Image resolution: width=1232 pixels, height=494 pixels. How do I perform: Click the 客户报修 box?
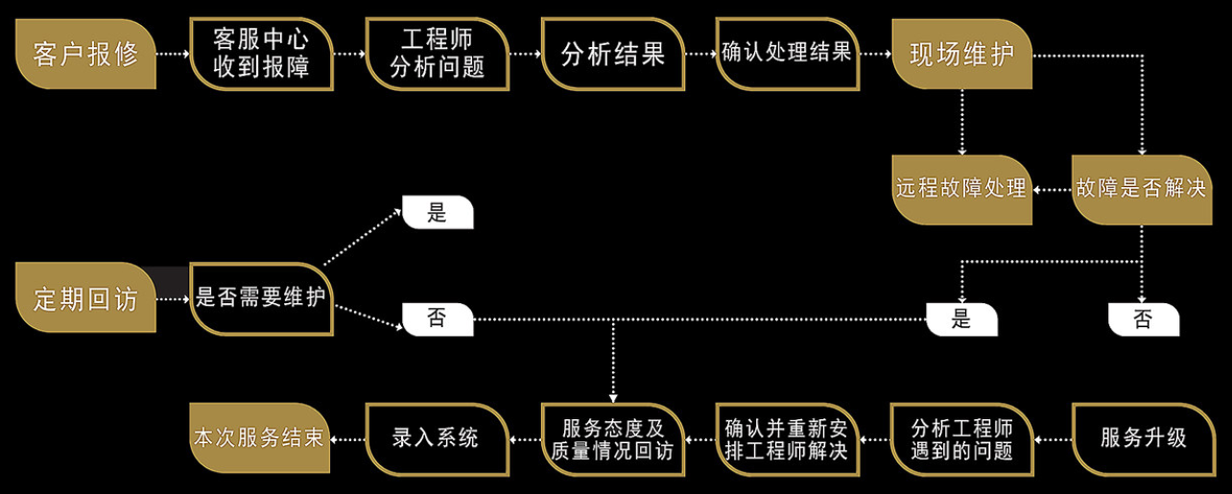[85, 54]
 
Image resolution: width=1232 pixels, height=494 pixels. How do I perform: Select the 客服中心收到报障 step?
[262, 54]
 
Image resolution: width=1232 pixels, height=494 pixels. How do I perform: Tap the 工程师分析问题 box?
[438, 54]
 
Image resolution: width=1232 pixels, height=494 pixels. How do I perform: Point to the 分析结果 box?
[613, 54]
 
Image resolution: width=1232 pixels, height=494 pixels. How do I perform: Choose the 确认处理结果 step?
[788, 54]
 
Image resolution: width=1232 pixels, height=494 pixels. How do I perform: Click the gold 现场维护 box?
[961, 54]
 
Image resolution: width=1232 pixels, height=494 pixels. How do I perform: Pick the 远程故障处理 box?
[961, 189]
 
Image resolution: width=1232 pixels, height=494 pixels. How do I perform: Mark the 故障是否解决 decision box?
[1140, 189]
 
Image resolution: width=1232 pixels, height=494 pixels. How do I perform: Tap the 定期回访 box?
[85, 298]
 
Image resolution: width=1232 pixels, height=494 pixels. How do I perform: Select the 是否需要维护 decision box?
[261, 298]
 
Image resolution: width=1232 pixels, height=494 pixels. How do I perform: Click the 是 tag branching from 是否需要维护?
[437, 213]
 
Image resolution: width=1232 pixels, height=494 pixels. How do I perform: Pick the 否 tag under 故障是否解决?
[1143, 319]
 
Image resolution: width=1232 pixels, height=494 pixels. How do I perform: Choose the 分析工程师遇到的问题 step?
[961, 438]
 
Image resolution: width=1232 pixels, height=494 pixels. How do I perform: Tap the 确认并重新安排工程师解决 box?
[787, 438]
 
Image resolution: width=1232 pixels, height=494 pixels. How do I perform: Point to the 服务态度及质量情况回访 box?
[613, 438]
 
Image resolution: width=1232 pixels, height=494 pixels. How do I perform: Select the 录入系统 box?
[437, 438]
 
